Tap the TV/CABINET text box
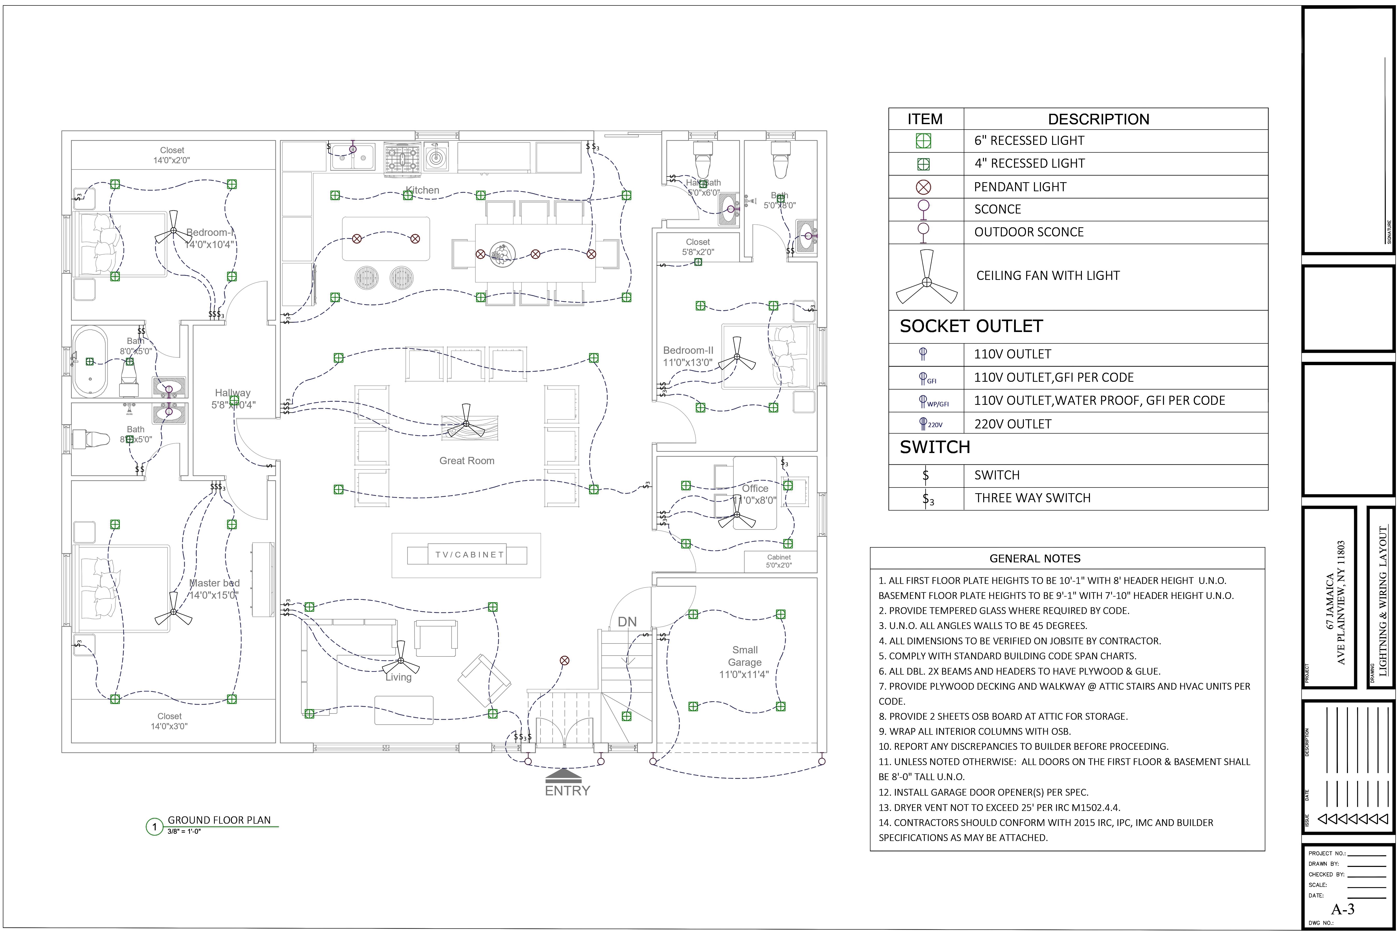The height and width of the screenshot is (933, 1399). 469,555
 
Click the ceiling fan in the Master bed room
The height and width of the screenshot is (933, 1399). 173,612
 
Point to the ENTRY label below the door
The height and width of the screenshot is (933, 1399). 567,791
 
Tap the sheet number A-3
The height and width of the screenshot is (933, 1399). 1343,909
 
